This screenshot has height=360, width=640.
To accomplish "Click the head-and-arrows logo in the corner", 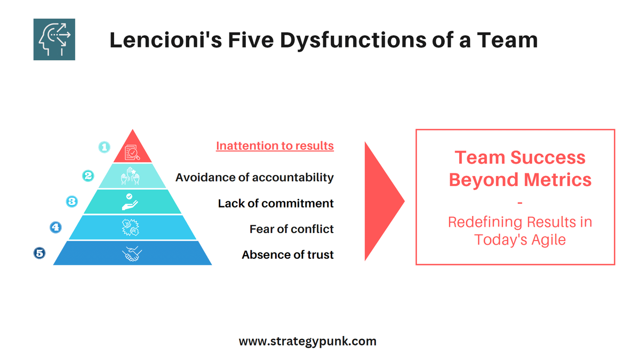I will tap(54, 39).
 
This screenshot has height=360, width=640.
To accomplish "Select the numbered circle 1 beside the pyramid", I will tap(105, 147).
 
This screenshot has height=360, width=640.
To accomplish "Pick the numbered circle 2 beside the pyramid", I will tap(89, 175).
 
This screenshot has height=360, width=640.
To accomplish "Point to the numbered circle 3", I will tap(72, 202).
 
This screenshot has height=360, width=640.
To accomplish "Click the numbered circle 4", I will tap(55, 227).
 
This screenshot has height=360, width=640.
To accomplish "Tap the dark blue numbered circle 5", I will tap(39, 253).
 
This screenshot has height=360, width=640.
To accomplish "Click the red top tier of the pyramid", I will tap(132, 150).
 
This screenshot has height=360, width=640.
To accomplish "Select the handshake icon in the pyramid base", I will tap(132, 253).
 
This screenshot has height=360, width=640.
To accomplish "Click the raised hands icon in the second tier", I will tap(132, 175).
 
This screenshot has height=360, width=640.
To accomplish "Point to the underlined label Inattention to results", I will tap(275, 146).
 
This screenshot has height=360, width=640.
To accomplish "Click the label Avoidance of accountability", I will tap(254, 177).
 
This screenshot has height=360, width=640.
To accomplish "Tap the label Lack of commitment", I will tap(276, 203).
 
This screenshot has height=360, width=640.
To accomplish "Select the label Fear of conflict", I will tap(291, 229).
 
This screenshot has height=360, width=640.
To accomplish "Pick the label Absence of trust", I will tap(287, 254).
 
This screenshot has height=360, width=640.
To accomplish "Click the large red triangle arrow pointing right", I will tap(381, 201).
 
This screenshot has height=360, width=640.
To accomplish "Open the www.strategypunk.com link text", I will tap(307, 341).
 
